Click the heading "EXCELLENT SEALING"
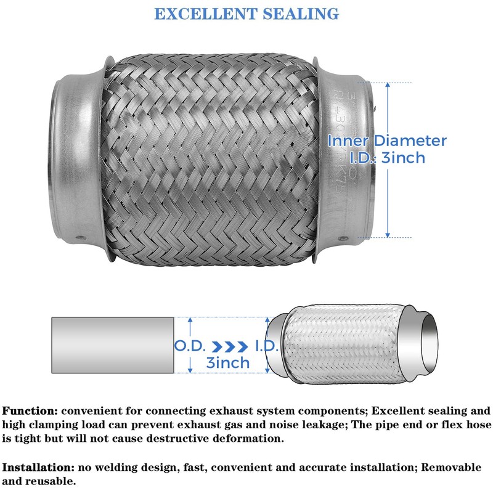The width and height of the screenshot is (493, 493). tap(246, 14)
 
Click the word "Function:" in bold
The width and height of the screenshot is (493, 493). tap(30, 410)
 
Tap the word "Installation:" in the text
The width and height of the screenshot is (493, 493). tap(38, 467)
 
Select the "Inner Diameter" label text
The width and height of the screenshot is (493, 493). tap(387, 141)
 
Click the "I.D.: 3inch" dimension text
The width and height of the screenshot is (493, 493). tap(387, 158)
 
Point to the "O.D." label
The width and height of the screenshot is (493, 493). tap(189, 346)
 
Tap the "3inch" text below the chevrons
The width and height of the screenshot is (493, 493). tap(227, 362)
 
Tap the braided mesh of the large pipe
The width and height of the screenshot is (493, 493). tap(210, 160)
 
